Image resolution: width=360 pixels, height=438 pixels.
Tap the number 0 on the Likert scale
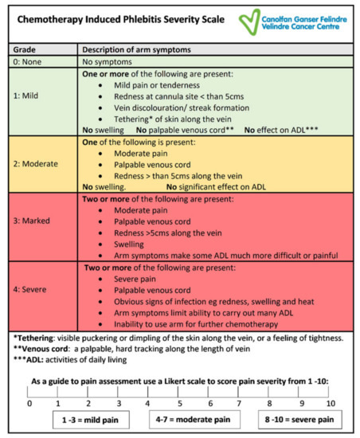[29, 403]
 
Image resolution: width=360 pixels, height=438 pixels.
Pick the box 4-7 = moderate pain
[191, 419]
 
